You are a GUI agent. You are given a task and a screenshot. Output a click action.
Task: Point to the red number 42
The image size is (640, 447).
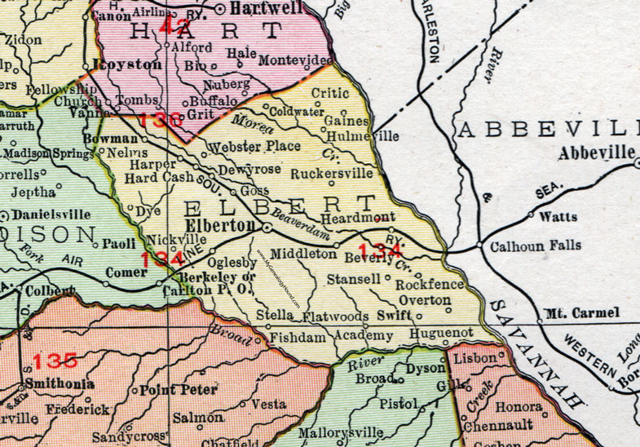174,28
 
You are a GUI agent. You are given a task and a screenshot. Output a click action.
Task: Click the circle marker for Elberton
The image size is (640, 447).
267,227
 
